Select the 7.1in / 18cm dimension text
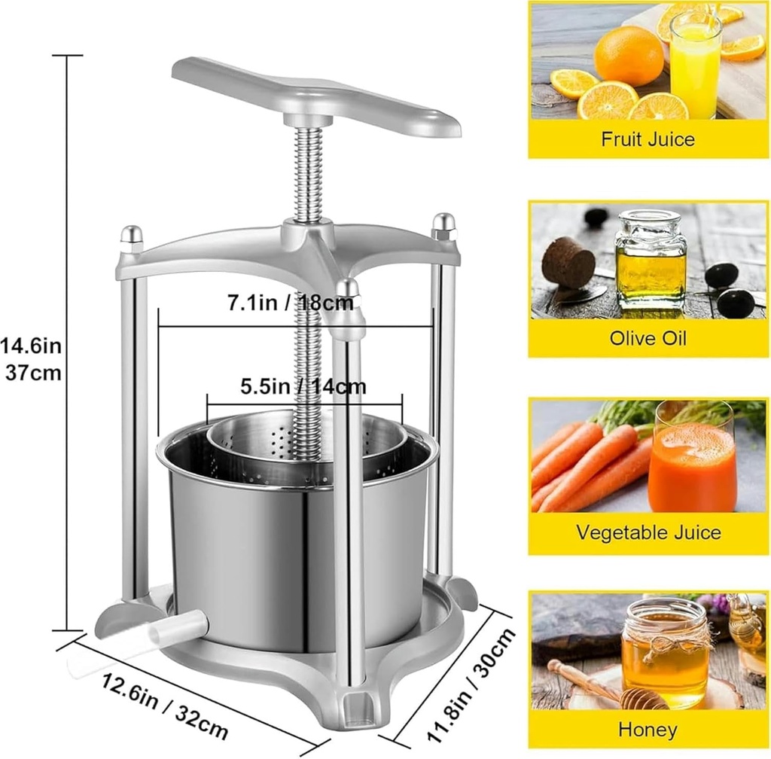point(291,304)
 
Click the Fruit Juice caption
point(648,139)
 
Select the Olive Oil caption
point(648,337)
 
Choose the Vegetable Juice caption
point(648,532)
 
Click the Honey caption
point(648,729)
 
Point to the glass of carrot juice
point(692,459)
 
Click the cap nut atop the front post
point(347,289)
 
